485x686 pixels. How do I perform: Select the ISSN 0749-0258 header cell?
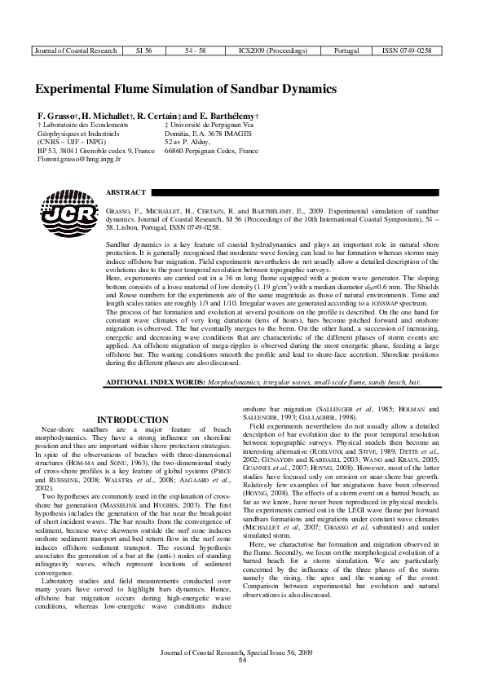(406, 51)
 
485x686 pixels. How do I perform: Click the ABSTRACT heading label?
(126, 192)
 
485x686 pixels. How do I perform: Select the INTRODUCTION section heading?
(132, 420)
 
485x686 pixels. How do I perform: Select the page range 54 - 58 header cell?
(196, 51)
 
